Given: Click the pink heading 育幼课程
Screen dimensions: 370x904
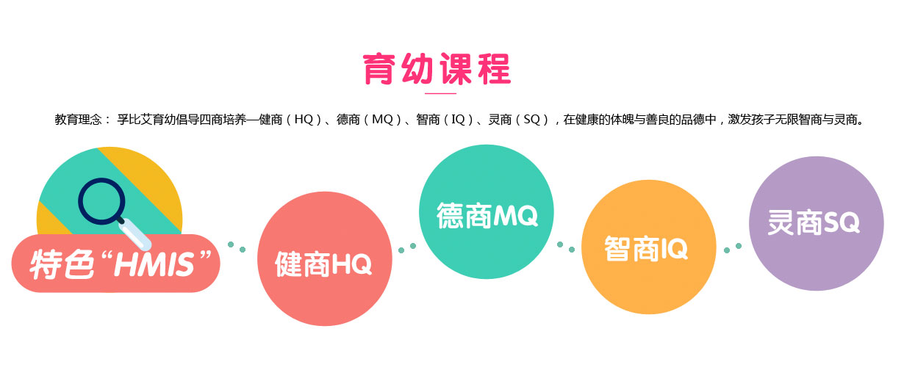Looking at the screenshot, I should [x=437, y=69].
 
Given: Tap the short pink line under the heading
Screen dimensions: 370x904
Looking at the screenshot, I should [x=441, y=94].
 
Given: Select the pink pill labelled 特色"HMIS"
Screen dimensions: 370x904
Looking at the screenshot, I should [x=116, y=263].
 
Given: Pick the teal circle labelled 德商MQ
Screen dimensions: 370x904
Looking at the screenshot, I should [x=487, y=215].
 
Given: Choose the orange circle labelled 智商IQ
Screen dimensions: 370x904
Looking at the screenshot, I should [x=646, y=248].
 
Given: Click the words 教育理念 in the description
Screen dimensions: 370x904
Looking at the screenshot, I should [x=78, y=119].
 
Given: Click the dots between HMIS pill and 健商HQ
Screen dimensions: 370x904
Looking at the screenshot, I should [x=237, y=247].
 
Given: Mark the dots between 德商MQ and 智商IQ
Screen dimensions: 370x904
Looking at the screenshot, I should [x=565, y=246].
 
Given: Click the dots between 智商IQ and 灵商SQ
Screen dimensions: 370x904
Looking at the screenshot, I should [x=732, y=247].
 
